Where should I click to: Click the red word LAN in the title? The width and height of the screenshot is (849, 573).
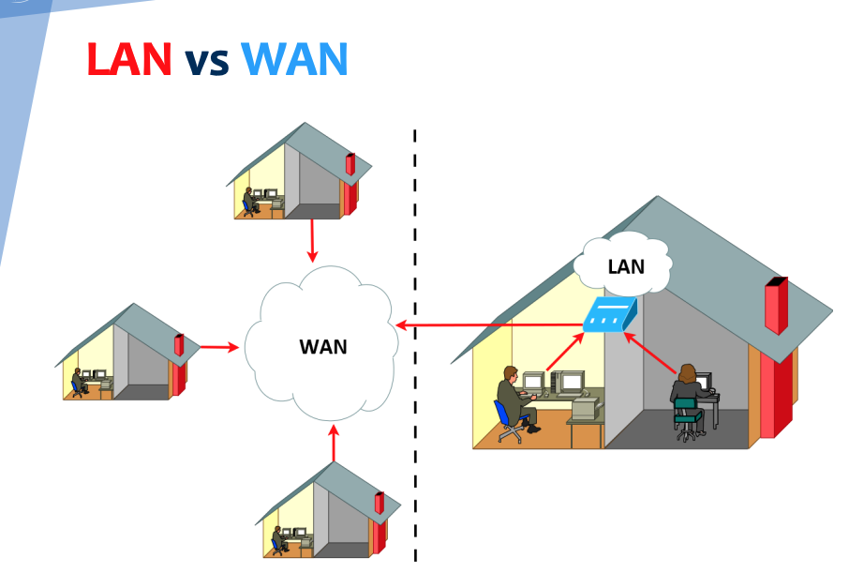coord(129,60)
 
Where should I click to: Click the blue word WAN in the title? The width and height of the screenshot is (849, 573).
coord(294,60)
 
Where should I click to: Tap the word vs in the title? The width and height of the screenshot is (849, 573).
coord(207,62)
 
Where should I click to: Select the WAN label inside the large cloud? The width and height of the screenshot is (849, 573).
coord(322,346)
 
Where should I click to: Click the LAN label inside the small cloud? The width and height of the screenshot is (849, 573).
coord(625,266)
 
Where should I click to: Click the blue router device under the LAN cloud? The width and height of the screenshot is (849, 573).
coord(608,315)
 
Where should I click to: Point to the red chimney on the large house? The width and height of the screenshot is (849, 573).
coord(776,305)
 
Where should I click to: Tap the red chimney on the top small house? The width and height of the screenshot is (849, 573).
coord(350,165)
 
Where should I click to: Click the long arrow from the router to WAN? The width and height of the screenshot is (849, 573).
coord(487,325)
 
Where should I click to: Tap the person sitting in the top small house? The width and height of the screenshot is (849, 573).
coord(249,201)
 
